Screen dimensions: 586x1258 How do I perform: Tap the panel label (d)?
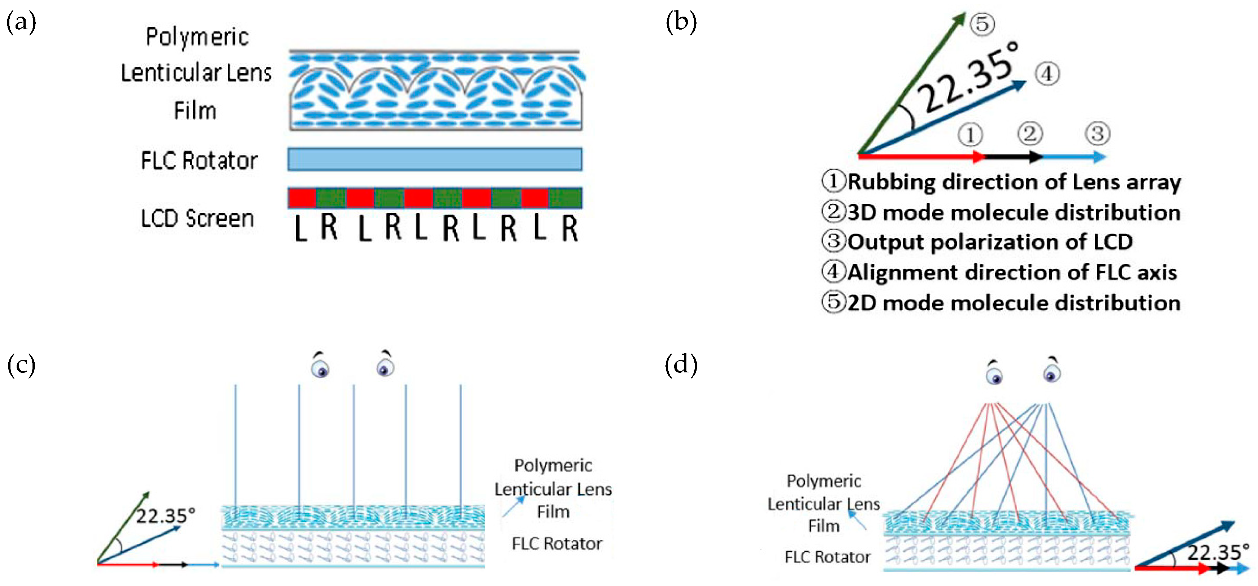[x=681, y=365]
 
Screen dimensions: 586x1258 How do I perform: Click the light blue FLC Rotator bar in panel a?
[x=435, y=159]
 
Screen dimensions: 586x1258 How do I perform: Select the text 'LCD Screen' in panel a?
[x=197, y=219]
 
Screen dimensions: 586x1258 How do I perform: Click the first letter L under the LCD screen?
[x=300, y=228]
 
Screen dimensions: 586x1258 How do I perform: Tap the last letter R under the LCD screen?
[x=569, y=228]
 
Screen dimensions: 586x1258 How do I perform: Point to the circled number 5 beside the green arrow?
[x=981, y=24]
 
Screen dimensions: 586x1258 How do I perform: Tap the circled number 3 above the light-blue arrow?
[x=1097, y=134]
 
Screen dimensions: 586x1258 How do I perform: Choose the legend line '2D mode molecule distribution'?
[x=1013, y=303]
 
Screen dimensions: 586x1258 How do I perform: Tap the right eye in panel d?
[x=1052, y=373]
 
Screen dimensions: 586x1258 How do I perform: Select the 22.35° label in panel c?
[x=165, y=516]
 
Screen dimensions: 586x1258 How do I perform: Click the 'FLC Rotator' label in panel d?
[x=827, y=557]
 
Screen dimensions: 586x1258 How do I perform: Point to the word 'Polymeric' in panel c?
[x=553, y=465]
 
